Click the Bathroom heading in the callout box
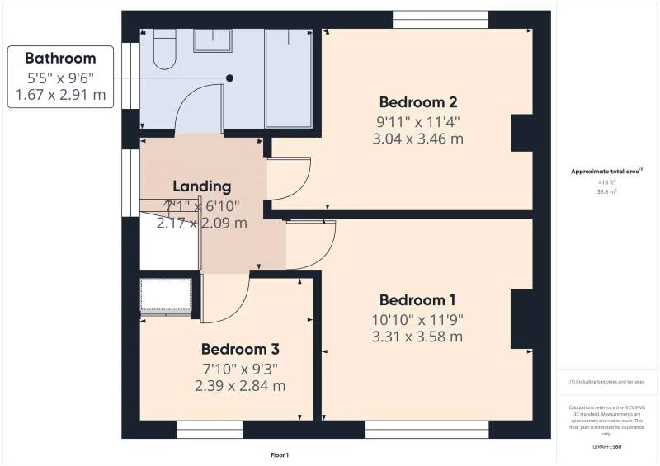60,59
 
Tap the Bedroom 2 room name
418,102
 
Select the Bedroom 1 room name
418,300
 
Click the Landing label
202,186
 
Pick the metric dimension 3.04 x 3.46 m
418,139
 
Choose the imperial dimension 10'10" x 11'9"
418,319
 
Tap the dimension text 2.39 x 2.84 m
240,385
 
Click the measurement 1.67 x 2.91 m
60,95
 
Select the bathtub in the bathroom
289,78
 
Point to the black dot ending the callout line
230,78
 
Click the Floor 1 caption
280,455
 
